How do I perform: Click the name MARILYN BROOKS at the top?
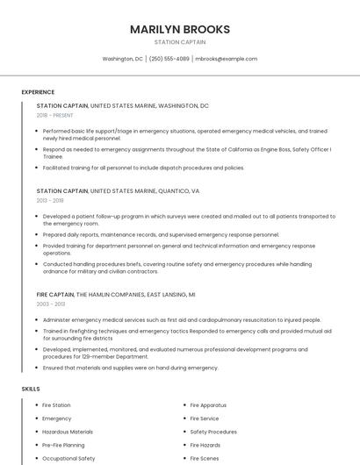click(x=180, y=29)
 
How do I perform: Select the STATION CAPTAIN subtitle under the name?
click(x=180, y=42)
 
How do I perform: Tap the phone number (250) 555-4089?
click(x=169, y=59)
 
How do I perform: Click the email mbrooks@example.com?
click(x=226, y=59)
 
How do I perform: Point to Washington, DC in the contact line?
click(x=122, y=59)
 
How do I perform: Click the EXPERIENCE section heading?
click(x=38, y=92)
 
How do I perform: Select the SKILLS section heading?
click(x=31, y=389)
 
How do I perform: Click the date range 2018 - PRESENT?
click(x=55, y=115)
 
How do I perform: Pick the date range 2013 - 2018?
click(x=50, y=200)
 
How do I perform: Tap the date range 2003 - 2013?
click(x=51, y=304)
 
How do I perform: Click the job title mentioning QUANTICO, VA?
click(x=118, y=190)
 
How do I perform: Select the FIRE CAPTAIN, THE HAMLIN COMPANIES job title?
click(x=116, y=294)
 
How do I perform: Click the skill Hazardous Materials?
click(x=68, y=432)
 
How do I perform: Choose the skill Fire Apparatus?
click(x=208, y=405)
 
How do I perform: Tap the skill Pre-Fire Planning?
click(x=63, y=445)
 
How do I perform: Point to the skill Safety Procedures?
click(x=213, y=432)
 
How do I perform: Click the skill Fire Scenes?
click(x=205, y=458)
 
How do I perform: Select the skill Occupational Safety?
click(x=68, y=458)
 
